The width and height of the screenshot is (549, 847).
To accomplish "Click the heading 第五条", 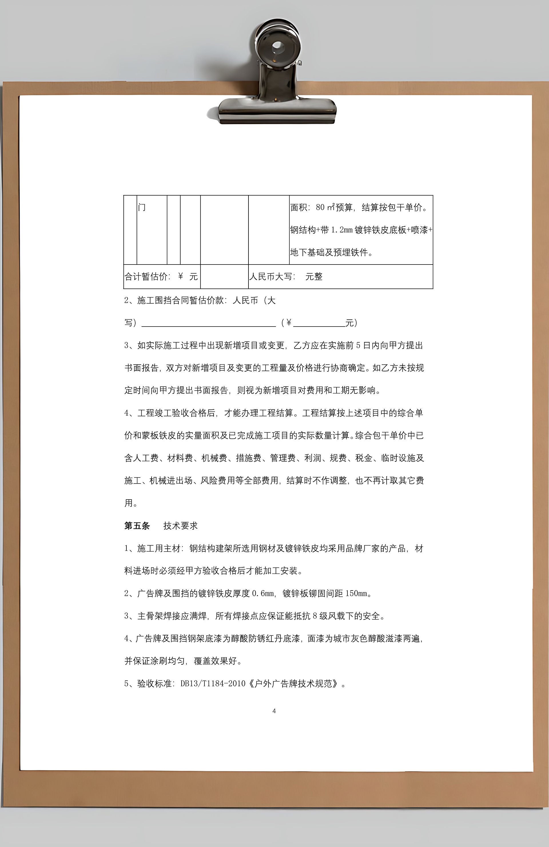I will [x=137, y=526].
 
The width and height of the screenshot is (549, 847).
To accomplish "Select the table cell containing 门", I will [x=152, y=230].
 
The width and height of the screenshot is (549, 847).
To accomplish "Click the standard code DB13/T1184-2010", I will [x=213, y=683].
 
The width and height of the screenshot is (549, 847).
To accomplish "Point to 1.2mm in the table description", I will [x=341, y=230].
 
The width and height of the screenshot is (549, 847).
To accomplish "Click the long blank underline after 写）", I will [x=208, y=323].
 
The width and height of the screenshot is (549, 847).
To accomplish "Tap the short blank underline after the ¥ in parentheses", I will [x=319, y=323].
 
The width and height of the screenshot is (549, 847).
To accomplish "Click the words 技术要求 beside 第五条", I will [x=180, y=526].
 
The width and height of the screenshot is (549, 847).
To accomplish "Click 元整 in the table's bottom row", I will [x=314, y=277].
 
